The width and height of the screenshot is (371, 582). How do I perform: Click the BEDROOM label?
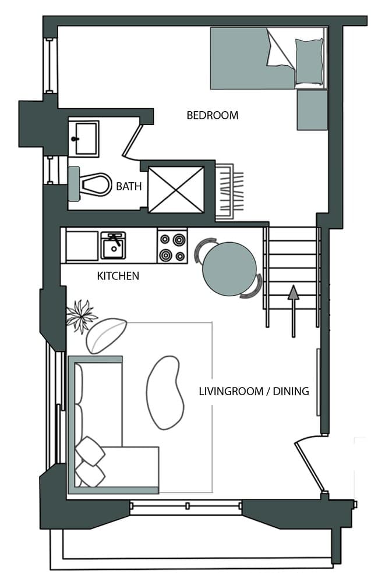coord(212,115)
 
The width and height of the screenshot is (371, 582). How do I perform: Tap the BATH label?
coord(128,187)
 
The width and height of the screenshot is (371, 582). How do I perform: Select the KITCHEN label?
coord(118,276)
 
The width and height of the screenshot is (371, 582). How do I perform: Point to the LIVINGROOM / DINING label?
coord(253,391)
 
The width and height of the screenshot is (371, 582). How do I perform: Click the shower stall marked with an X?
coord(176,189)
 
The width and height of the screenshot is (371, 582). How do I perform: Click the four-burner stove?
coord(172,246)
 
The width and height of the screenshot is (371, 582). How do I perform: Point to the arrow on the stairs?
coord(294,308)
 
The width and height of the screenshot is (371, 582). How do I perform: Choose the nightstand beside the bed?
coord(312,110)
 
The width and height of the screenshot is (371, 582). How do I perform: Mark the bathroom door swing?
coord(132,140)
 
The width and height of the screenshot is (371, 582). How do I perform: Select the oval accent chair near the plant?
coord(105,335)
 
